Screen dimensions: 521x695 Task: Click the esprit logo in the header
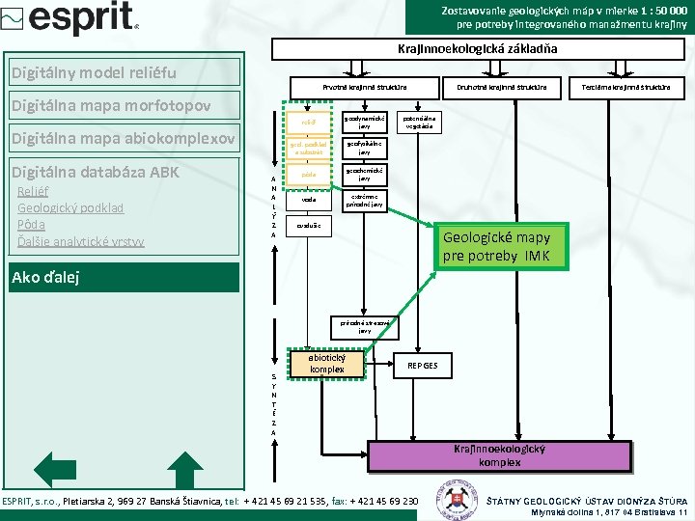pyautogui.click(x=71, y=18)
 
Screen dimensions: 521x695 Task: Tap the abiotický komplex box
pyautogui.click(x=328, y=364)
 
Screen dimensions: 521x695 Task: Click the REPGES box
pyautogui.click(x=422, y=366)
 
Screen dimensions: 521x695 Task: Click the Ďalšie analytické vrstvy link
pyautogui.click(x=81, y=241)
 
